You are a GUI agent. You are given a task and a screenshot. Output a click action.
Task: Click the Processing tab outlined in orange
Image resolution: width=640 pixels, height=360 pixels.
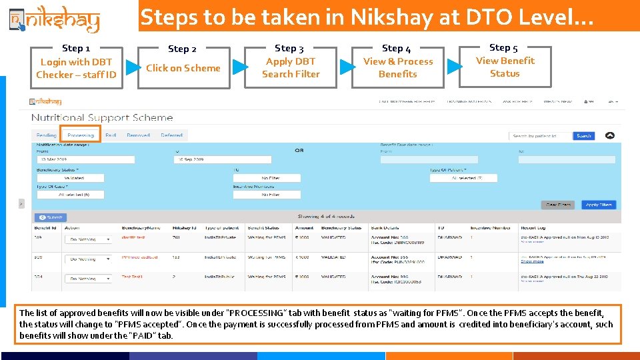[81, 135]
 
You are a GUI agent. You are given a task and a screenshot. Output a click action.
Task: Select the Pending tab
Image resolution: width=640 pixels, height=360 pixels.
[47, 135]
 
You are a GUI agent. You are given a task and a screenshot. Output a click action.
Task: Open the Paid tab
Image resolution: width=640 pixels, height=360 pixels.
[111, 135]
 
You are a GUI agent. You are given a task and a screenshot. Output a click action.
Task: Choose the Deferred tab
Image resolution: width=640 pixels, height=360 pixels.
[171, 135]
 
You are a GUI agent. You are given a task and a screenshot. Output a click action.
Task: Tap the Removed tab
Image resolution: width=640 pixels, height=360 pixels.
[138, 135]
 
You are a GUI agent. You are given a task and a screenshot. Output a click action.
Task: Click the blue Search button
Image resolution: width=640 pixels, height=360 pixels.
[583, 136]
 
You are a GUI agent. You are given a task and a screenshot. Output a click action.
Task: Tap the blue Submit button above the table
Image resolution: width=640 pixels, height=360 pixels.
[50, 217]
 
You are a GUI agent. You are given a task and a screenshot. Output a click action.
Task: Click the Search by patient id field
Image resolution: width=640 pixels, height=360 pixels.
[541, 136]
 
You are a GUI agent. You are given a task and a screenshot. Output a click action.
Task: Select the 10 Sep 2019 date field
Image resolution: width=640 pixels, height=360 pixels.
[223, 160]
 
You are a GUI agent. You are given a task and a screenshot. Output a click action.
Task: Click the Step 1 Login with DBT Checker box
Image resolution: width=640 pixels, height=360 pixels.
[76, 67]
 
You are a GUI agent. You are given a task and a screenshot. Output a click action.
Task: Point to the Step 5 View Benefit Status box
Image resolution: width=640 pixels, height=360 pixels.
[505, 67]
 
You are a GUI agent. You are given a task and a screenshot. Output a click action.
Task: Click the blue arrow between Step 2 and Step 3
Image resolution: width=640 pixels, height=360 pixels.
[241, 67]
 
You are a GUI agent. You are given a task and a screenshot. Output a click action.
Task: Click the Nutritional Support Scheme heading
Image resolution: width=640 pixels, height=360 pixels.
[102, 117]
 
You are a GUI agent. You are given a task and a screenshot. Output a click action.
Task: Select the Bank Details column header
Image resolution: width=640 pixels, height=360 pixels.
[385, 228]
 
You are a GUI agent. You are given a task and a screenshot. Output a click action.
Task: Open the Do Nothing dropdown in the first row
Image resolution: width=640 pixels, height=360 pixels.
[88, 239]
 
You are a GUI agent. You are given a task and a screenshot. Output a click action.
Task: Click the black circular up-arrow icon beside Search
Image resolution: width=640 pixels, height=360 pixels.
[609, 136]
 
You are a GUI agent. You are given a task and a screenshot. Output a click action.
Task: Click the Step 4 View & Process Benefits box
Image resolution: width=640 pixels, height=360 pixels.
[398, 67]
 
